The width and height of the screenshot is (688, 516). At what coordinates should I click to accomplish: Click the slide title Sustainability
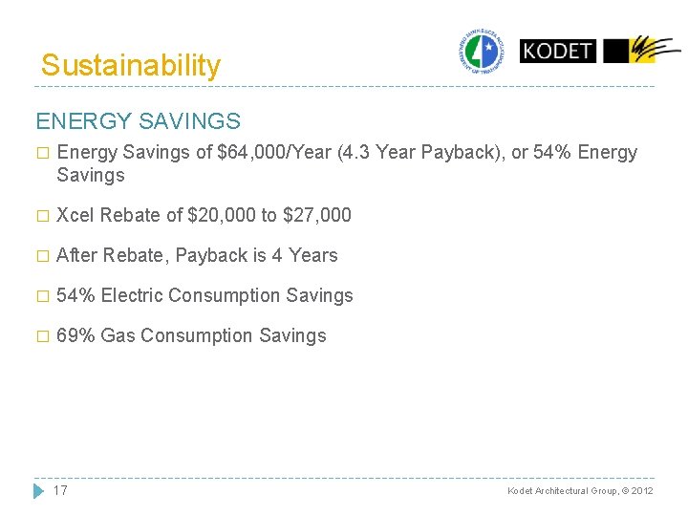[131, 65]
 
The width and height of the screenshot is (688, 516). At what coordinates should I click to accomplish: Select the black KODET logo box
[557, 51]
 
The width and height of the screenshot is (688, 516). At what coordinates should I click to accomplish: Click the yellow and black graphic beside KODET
[641, 51]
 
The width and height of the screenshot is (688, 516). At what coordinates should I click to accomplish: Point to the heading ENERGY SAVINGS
[138, 121]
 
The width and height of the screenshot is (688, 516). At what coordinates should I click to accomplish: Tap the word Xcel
[76, 216]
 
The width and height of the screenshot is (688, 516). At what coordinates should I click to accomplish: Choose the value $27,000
[317, 216]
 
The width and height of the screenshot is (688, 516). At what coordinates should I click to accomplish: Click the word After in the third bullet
[77, 256]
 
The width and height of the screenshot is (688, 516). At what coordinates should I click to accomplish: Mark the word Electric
[132, 296]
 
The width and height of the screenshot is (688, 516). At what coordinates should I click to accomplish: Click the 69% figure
[75, 336]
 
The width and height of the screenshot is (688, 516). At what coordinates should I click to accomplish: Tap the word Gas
[118, 336]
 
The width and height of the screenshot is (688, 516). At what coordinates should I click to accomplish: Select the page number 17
[60, 490]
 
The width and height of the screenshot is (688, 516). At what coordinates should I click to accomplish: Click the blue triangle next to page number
[38, 490]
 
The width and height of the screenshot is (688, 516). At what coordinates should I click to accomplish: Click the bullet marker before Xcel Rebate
[40, 216]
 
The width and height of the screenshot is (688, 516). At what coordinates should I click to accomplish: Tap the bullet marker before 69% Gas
[40, 336]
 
